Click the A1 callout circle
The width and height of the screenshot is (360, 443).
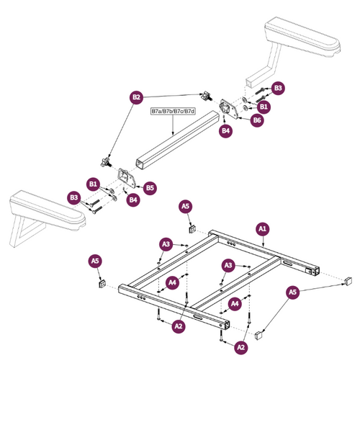(263, 228)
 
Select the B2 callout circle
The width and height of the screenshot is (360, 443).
(136, 97)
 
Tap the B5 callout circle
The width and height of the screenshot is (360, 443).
(150, 188)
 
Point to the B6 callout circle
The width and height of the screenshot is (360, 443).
(256, 121)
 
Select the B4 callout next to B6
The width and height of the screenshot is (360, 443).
(225, 131)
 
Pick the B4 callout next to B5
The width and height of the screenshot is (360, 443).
(132, 200)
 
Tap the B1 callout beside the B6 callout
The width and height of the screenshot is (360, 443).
(264, 107)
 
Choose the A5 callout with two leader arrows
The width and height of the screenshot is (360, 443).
(292, 292)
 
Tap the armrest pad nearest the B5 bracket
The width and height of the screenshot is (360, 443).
(43, 203)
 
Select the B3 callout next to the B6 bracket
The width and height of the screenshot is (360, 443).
(278, 89)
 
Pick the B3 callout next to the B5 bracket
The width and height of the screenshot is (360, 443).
(73, 197)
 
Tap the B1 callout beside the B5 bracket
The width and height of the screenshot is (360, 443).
(93, 184)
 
